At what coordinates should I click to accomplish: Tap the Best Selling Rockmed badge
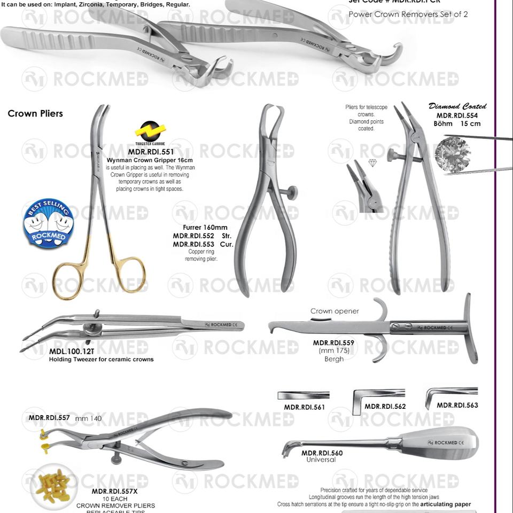48,224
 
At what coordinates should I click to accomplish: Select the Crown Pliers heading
35,113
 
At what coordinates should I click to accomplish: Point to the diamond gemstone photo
452,153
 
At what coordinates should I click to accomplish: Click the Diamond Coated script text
457,106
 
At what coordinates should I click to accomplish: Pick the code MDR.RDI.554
457,115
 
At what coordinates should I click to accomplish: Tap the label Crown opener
335,311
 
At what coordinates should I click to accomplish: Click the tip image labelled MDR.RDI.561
303,395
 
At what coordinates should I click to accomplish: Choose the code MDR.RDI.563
457,405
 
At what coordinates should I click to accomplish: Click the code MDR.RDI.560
322,453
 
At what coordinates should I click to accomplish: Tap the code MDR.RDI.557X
114,491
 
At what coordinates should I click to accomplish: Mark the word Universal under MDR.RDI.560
321,460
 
